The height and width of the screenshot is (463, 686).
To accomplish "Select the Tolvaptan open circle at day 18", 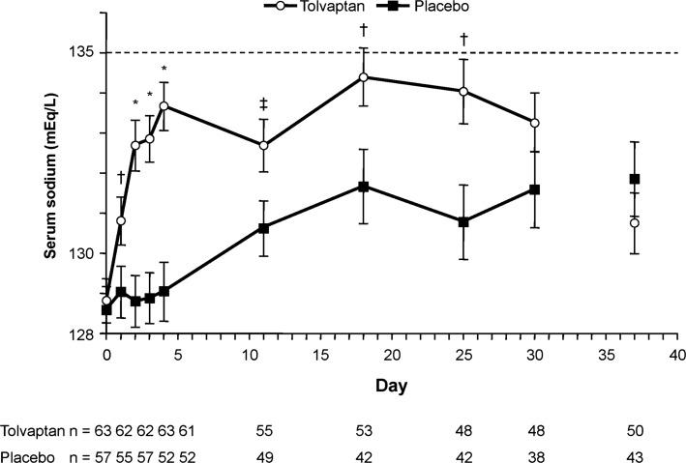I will pos(363,76).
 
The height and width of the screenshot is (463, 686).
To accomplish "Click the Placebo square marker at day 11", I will pos(263,228).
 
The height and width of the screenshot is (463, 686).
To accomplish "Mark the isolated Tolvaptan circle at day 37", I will pos(635,223).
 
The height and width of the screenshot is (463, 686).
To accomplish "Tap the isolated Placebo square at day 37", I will pos(635,179).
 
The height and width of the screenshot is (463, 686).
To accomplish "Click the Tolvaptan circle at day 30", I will pos(534,123).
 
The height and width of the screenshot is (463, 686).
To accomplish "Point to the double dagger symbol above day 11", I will pos(263,103).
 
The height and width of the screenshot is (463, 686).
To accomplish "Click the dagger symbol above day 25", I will pos(463,39).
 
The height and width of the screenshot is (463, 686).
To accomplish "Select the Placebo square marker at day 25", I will pos(463,222).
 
